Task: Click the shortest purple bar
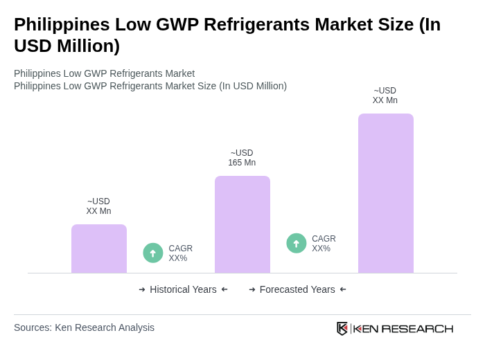click(99, 249)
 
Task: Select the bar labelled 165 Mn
click(242, 224)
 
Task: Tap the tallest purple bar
click(386, 193)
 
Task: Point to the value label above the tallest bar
click(385, 96)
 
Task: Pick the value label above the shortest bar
click(98, 206)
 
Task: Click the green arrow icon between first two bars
click(153, 253)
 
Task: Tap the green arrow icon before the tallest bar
click(297, 243)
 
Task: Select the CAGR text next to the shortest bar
click(180, 253)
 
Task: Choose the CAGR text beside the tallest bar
click(324, 244)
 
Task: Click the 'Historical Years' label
click(183, 289)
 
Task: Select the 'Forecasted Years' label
click(297, 289)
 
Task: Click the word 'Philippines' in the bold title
click(62, 24)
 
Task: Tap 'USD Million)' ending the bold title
click(67, 46)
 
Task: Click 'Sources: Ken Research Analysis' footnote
click(84, 327)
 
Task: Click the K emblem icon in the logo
click(342, 328)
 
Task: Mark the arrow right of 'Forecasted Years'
click(343, 289)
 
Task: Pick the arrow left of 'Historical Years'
click(142, 289)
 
